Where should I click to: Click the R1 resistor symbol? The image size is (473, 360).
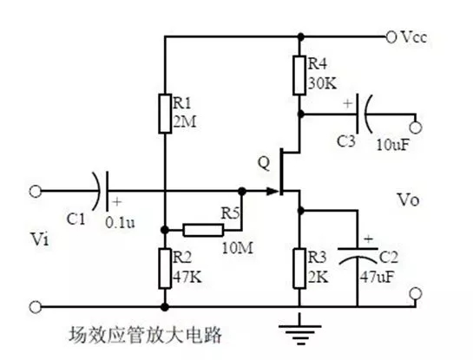[x=164, y=114]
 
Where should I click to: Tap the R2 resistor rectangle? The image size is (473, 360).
[x=164, y=267]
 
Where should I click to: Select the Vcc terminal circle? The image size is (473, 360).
[x=392, y=37]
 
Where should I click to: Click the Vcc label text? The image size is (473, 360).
[x=415, y=38]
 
